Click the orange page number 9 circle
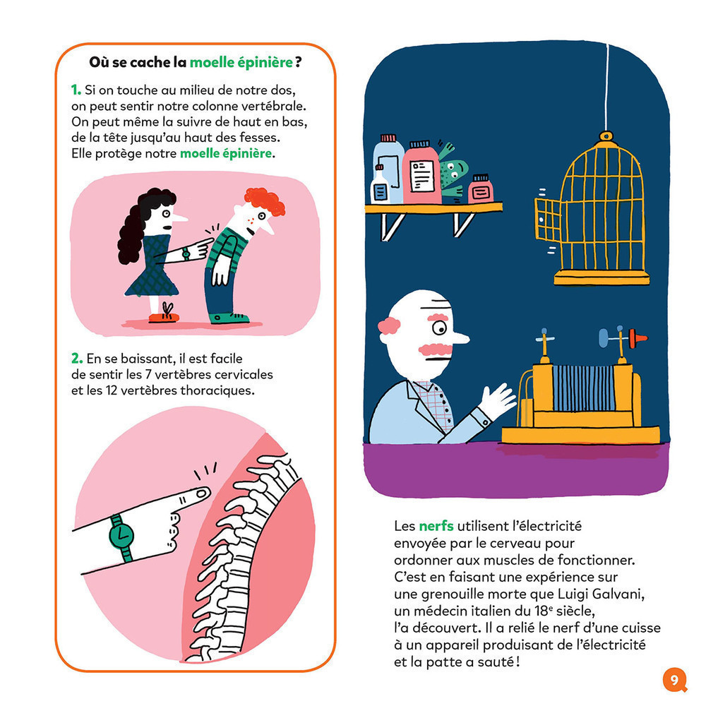pos(674,680)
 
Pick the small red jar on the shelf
pos(481,189)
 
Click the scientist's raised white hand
pos(498,401)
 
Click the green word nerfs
pos(437,526)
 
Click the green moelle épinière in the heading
pos(241,62)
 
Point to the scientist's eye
pos(439,328)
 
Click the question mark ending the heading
pos(299,62)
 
